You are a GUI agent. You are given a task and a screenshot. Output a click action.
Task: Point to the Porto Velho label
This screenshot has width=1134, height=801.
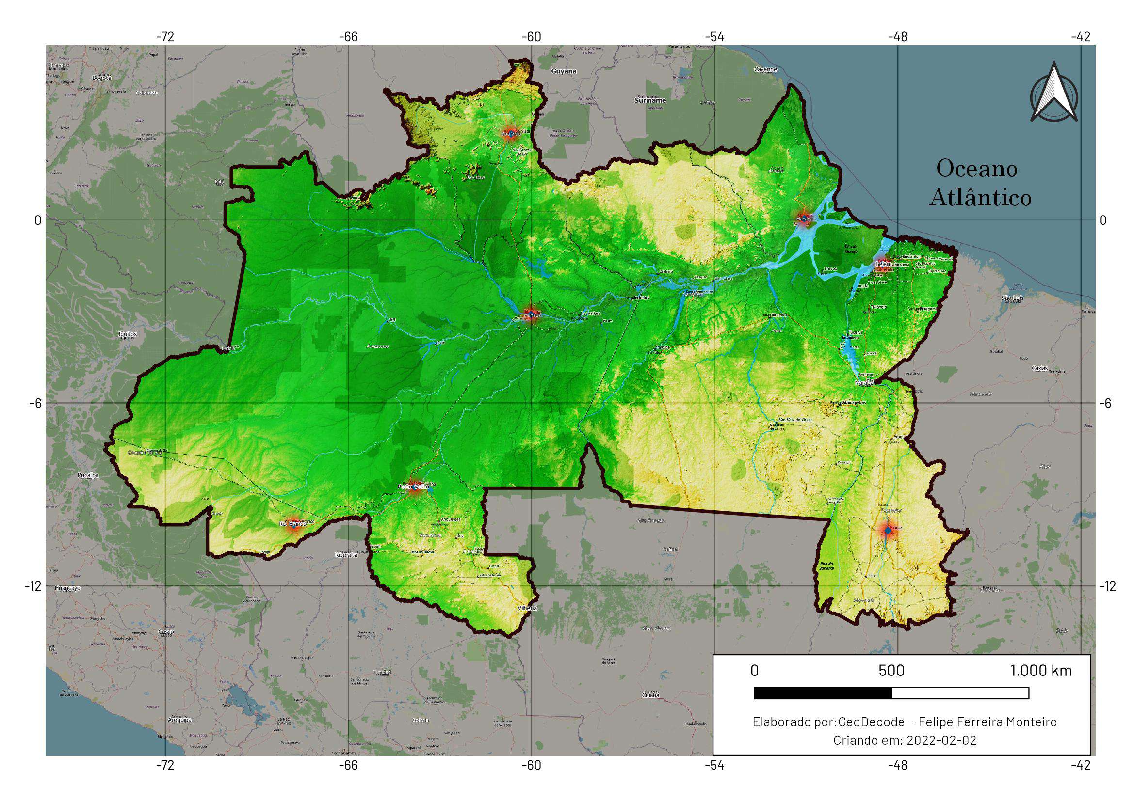click(x=413, y=487)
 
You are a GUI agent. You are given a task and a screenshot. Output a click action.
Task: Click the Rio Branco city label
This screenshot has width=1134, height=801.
click(x=293, y=524)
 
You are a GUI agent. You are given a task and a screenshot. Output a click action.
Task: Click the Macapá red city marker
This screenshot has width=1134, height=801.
click(x=804, y=218)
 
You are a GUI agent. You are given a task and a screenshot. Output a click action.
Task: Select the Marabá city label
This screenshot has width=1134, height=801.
click(x=865, y=382)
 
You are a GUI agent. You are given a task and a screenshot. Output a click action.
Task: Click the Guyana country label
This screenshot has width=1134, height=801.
click(x=564, y=71)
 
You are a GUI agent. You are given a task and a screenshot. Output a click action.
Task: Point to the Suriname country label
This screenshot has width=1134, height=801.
click(x=650, y=100)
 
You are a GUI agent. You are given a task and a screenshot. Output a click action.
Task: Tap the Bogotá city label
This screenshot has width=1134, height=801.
click(x=102, y=78)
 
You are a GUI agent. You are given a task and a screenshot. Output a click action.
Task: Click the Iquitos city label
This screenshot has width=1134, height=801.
click(x=128, y=334)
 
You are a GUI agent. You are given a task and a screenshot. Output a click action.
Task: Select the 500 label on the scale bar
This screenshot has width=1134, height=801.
click(x=891, y=671)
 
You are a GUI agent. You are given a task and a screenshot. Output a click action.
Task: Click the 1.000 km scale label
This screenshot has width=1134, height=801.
click(x=1041, y=671)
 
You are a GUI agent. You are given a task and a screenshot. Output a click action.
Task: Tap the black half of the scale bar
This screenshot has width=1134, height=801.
click(x=823, y=693)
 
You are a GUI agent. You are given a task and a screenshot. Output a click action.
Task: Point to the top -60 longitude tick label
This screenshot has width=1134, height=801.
click(x=531, y=37)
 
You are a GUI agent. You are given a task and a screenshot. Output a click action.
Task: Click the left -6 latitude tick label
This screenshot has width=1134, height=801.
click(x=35, y=403)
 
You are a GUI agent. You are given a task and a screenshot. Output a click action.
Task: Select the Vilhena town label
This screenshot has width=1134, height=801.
click(x=527, y=608)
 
